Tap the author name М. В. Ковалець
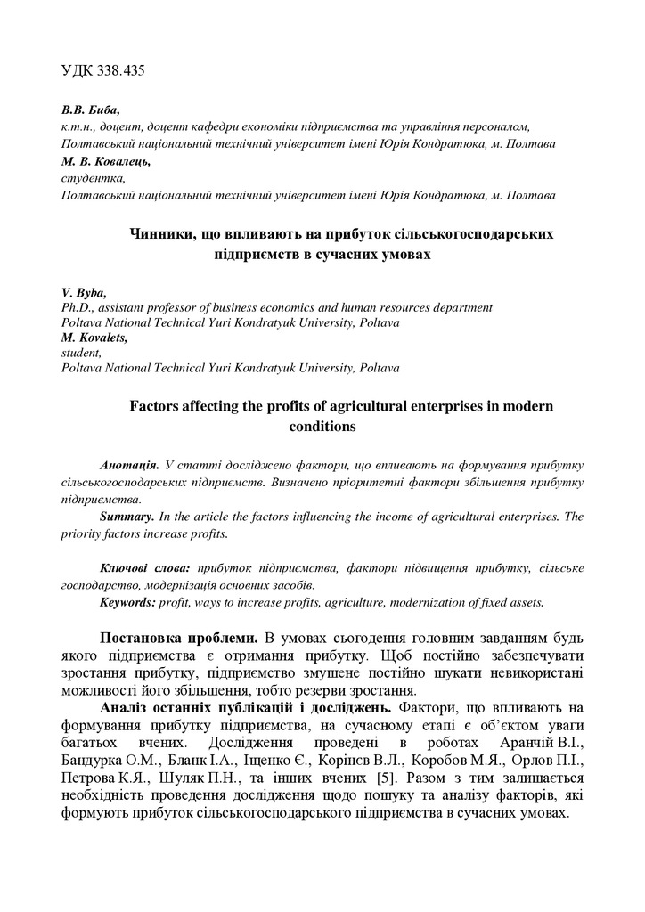tap(106, 161)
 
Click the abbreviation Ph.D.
tap(78, 307)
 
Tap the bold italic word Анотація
tap(131, 466)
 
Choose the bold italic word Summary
tap(128, 517)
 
